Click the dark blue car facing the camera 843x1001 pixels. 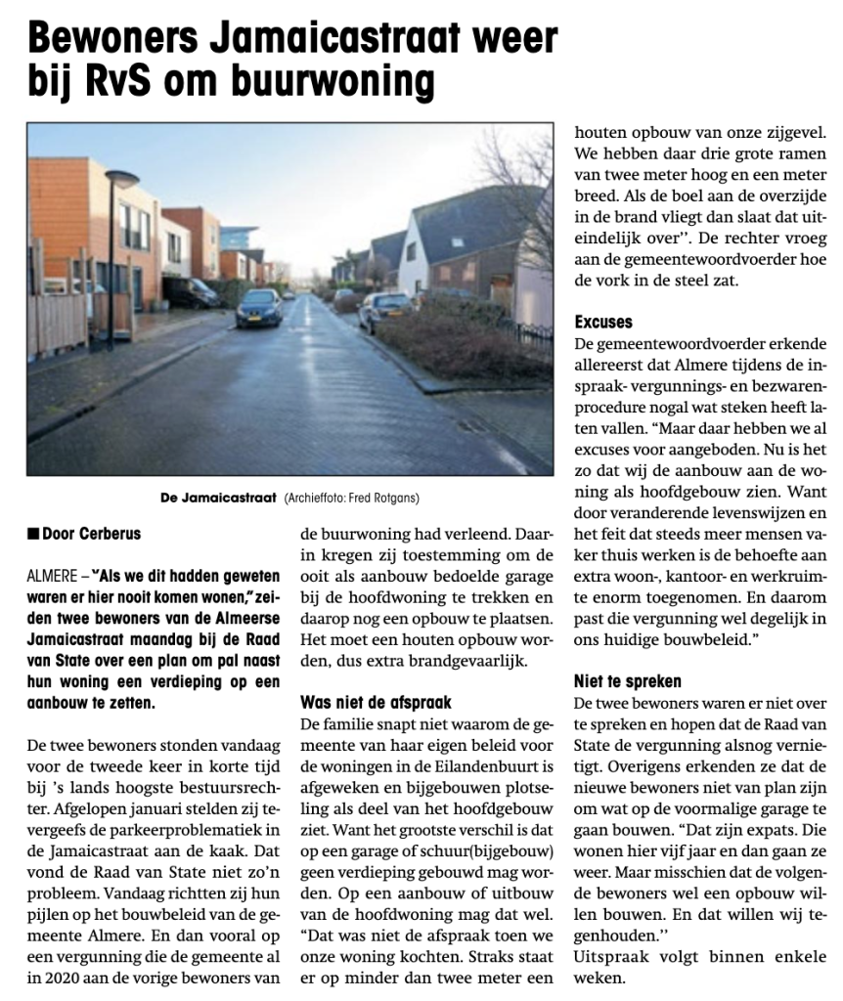pyautogui.click(x=258, y=307)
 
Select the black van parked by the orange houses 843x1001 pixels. pyautogui.click(x=192, y=291)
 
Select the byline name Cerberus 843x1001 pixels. pyautogui.click(x=113, y=534)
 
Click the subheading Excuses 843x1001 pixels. pyautogui.click(x=603, y=322)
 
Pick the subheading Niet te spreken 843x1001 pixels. pyautogui.click(x=627, y=681)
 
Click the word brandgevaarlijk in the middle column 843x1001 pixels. pyautogui.click(x=452, y=661)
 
